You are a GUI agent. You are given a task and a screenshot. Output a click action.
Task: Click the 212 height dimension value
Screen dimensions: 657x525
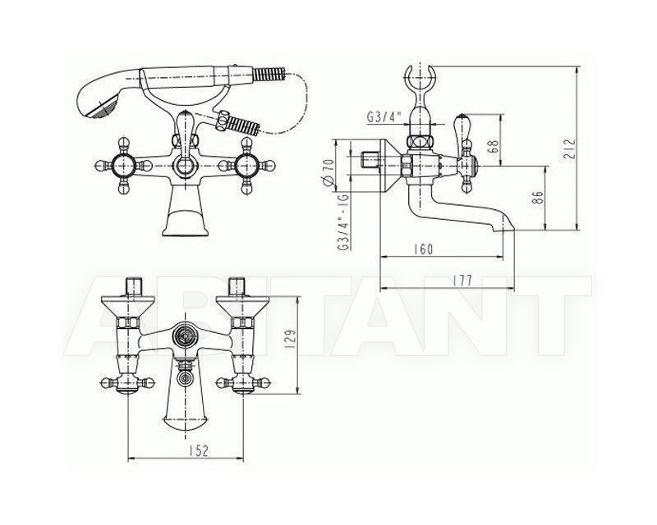[569, 149]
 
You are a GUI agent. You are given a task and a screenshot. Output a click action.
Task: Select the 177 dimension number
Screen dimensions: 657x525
[462, 280]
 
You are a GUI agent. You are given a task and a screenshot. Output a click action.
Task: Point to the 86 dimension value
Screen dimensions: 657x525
[539, 198]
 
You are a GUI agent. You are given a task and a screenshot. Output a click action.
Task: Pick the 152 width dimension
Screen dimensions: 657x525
[197, 450]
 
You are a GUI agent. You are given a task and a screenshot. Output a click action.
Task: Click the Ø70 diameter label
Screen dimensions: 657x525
[329, 171]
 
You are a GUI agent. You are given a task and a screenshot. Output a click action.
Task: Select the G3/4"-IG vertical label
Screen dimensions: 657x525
[343, 221]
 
